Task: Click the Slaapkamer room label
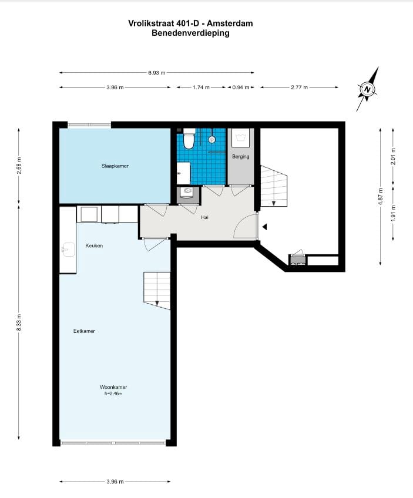pos(115,166)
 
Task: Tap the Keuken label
pos(94,245)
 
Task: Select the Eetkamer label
pos(84,331)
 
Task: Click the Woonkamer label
pos(113,388)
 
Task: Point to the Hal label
pos(205,217)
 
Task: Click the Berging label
pos(240,157)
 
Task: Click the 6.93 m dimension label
pos(157,73)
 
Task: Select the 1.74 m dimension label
pos(202,88)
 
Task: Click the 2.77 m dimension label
pos(300,88)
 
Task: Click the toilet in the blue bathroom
pos(189,140)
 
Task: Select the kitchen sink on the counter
pos(67,250)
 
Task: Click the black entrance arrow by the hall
pos(265,227)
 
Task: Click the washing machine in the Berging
pos(240,138)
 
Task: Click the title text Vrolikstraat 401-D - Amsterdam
pos(190,23)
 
